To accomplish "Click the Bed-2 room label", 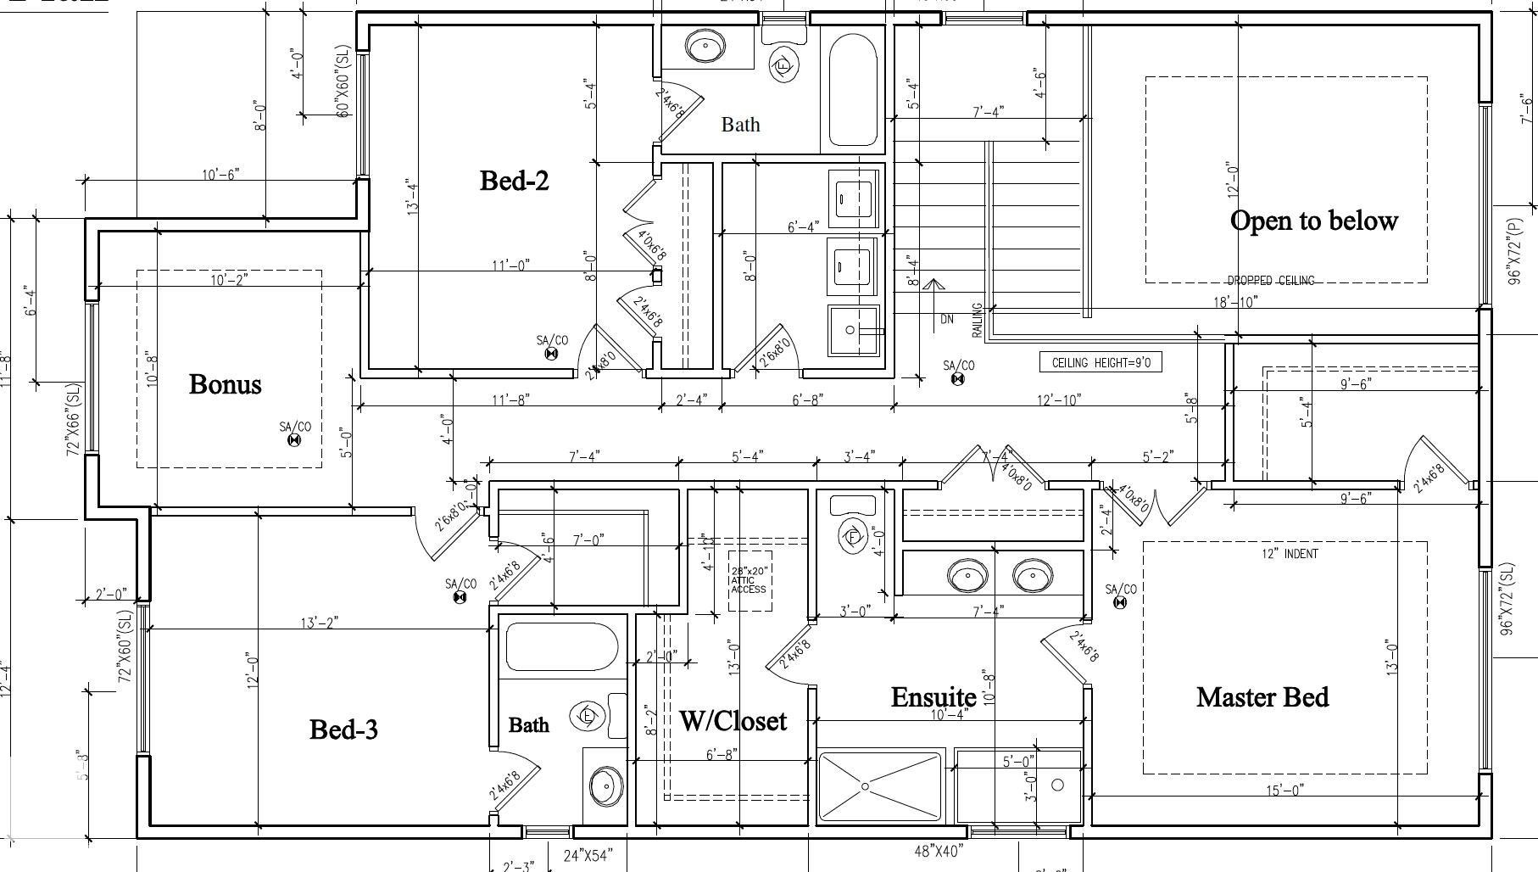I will pyautogui.click(x=514, y=181).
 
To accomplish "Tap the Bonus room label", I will pyautogui.click(x=225, y=384).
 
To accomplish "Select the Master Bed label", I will pyautogui.click(x=1262, y=697).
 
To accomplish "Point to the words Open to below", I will pyautogui.click(x=1313, y=221).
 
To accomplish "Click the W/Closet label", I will pyautogui.click(x=733, y=721).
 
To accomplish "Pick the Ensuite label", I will pyautogui.click(x=933, y=697).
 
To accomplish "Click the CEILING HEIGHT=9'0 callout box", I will pyautogui.click(x=1101, y=363).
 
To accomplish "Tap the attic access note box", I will pyautogui.click(x=749, y=581).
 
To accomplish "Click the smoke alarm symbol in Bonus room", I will pyautogui.click(x=294, y=440).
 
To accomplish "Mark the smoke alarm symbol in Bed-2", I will pyautogui.click(x=551, y=354).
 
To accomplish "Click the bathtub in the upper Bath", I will pyautogui.click(x=852, y=90).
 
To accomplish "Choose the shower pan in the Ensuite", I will pyautogui.click(x=880, y=786).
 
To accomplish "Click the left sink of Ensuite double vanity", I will pyautogui.click(x=967, y=576).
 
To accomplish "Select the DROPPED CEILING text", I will pyautogui.click(x=1270, y=281).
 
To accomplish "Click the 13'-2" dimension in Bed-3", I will pyautogui.click(x=320, y=623).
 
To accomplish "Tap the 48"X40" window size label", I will pyautogui.click(x=939, y=850).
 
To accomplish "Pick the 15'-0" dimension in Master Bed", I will pyautogui.click(x=1284, y=790).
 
